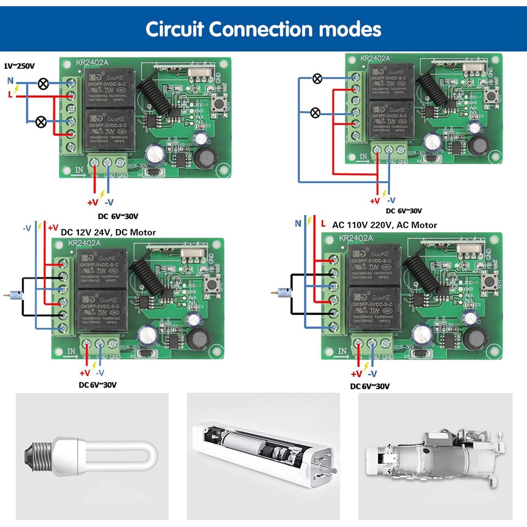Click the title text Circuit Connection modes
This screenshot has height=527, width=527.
pos(263,29)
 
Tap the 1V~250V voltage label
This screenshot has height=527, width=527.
pos(19,66)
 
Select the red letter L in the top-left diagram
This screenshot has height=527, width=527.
pos(10,94)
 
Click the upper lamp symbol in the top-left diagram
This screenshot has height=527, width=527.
pos(43,83)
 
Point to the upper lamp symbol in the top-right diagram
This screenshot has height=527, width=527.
pos(318,79)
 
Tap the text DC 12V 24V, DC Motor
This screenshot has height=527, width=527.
pos(108,232)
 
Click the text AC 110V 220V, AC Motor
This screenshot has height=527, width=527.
pos(384,225)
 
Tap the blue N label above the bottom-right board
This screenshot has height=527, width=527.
pos(297,223)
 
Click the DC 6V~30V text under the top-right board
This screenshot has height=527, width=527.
pos(404,210)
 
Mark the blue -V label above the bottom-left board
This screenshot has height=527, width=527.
pos(27,227)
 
